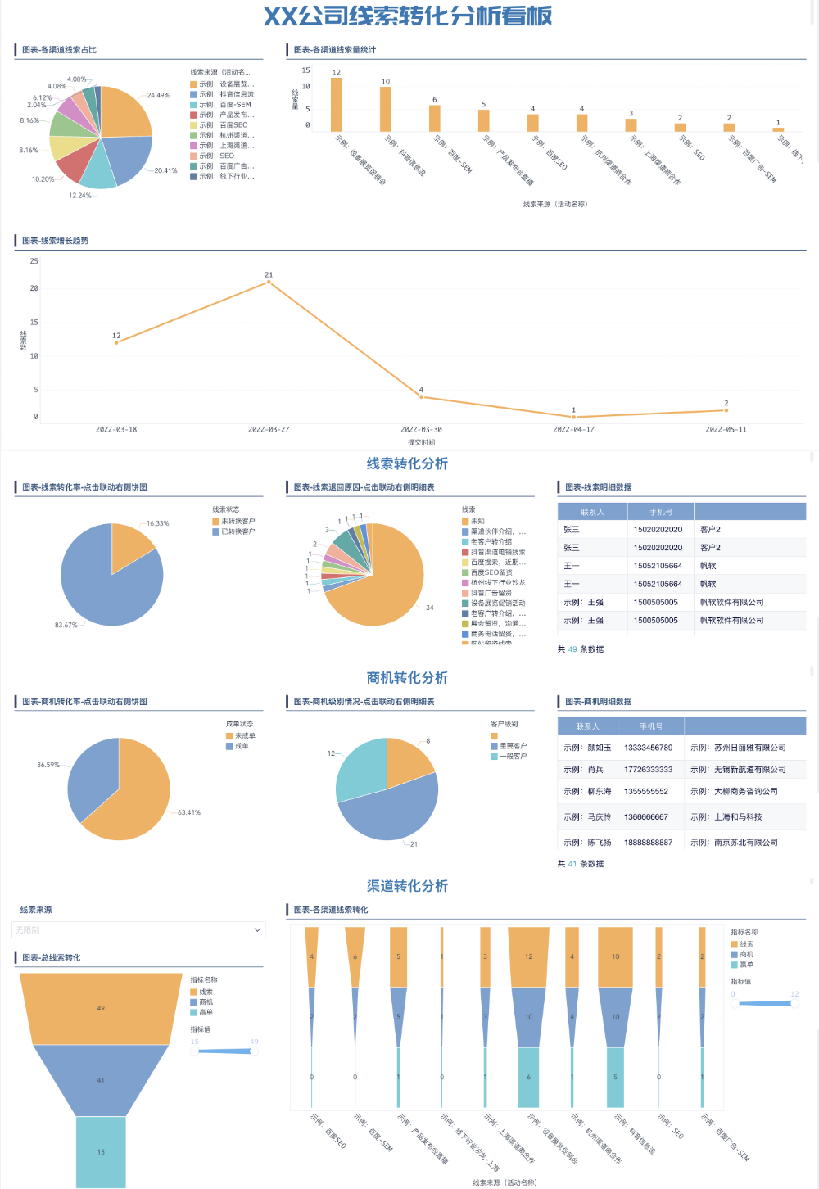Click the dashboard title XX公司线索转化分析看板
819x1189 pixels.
coord(407,16)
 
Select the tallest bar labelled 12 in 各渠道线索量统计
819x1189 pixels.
coord(336,105)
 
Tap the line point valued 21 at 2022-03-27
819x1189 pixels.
coord(269,283)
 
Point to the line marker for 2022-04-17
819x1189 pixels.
coord(573,417)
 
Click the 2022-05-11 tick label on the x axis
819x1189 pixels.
coord(726,429)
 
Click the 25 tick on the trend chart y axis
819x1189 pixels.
coord(34,261)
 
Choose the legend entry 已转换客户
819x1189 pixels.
coord(238,531)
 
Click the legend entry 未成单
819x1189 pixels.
coord(245,735)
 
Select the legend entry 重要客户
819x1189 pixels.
coord(513,746)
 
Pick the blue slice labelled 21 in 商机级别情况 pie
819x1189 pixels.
coord(393,811)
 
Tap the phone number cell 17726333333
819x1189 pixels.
coord(648,770)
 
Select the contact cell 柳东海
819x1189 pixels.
coord(599,792)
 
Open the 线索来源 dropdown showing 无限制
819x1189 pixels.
coord(138,930)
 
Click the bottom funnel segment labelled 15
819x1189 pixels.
coord(101,1151)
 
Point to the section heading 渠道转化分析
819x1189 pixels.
coord(407,886)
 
